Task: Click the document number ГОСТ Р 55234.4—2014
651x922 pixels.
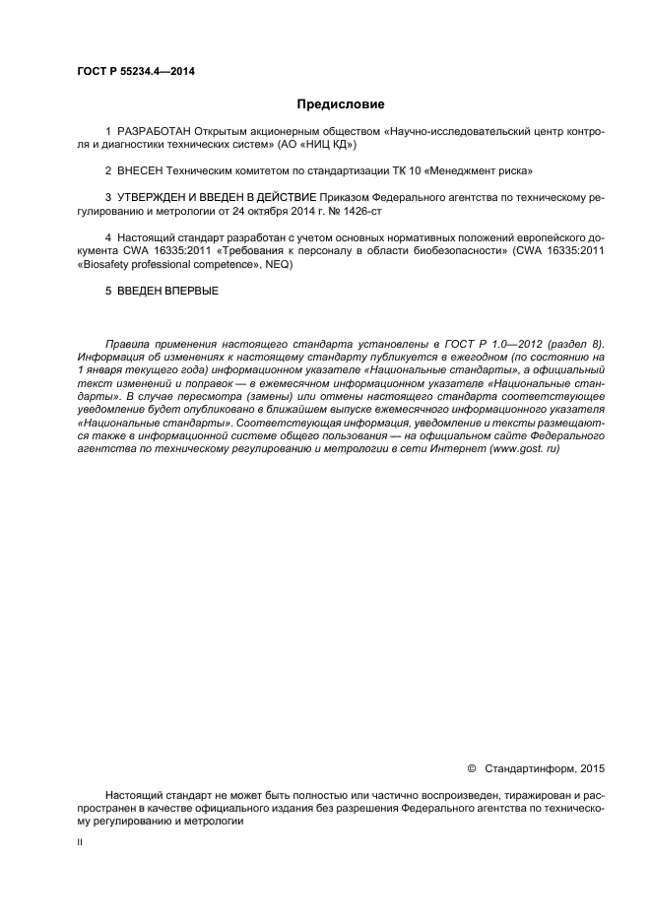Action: (135, 71)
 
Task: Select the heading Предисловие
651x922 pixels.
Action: (341, 103)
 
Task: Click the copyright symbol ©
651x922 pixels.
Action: (471, 766)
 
